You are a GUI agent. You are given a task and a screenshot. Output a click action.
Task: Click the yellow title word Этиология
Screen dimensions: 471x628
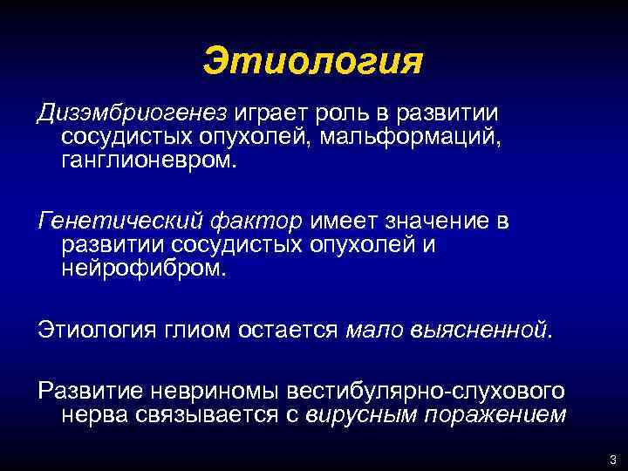(312, 62)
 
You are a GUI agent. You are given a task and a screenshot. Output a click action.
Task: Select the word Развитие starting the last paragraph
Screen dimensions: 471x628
(91, 392)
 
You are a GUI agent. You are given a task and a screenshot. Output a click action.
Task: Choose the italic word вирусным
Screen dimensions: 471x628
(359, 415)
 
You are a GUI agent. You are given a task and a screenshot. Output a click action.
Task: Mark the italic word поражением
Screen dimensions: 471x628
(494, 415)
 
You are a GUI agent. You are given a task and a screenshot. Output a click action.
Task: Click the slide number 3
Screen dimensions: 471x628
(612, 460)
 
